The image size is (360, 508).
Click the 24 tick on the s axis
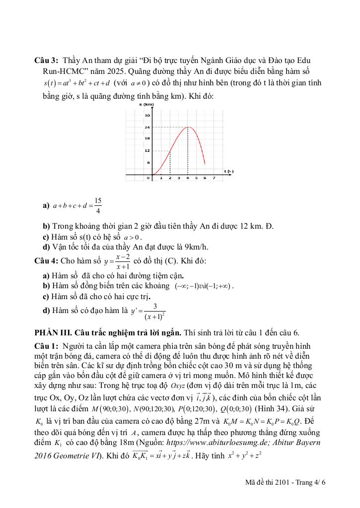pos(147,127)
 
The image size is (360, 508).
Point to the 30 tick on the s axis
pos(147,115)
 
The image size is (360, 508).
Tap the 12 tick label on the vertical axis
pos(147,150)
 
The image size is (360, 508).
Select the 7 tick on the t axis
pos(214,178)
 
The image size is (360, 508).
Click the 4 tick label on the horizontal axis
pos(187,178)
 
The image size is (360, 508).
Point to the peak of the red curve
pos(188,127)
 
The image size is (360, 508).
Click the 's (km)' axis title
pos(146,105)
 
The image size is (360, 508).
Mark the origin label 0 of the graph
pos(148,178)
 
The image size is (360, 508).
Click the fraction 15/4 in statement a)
pos(97,205)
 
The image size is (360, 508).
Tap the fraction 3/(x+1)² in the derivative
pos(155,312)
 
